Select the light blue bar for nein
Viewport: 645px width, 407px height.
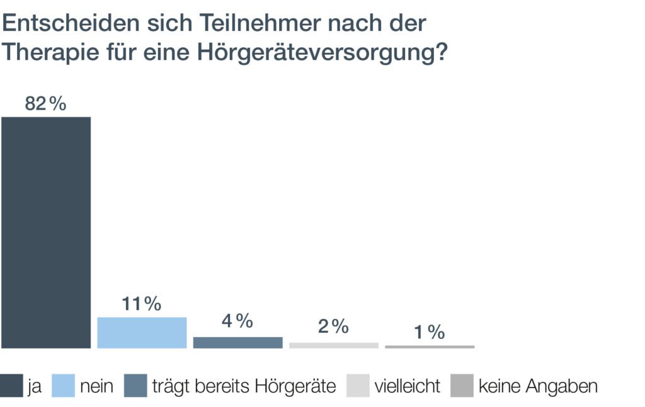click(x=142, y=332)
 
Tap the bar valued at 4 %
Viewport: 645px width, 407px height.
click(x=237, y=342)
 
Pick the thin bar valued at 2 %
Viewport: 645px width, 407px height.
click(x=333, y=345)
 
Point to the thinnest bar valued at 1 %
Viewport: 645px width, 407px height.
click(x=430, y=347)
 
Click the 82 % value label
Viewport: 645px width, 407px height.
click(x=45, y=104)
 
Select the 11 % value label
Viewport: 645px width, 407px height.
click(x=142, y=304)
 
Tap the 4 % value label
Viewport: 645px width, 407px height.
click(x=237, y=321)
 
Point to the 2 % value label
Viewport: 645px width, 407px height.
click(x=333, y=326)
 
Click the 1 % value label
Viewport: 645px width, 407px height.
click(x=430, y=332)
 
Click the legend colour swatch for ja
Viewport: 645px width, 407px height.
click(x=12, y=386)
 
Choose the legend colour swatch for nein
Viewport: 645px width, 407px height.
click(x=62, y=386)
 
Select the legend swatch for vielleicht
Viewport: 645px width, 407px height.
click(x=358, y=386)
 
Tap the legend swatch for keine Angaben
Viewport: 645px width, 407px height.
click(x=462, y=386)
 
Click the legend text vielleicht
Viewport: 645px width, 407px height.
click(x=408, y=386)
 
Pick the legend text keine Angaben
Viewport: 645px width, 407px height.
click(x=538, y=386)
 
